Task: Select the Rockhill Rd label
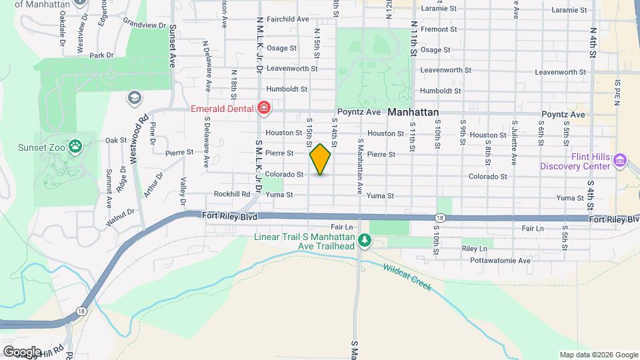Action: pyautogui.click(x=232, y=195)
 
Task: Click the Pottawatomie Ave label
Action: pyautogui.click(x=500, y=260)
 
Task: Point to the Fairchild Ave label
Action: pyautogui.click(x=288, y=19)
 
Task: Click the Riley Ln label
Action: pyautogui.click(x=474, y=248)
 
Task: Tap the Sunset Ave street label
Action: pyautogui.click(x=172, y=46)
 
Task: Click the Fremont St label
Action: pyautogui.click(x=439, y=29)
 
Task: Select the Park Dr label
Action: pyautogui.click(x=102, y=55)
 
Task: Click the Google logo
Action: pyautogui.click(x=21, y=351)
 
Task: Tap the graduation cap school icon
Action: pyautogui.click(x=134, y=98)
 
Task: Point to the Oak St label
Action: pyautogui.click(x=116, y=140)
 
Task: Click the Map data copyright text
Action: pyautogui.click(x=597, y=355)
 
